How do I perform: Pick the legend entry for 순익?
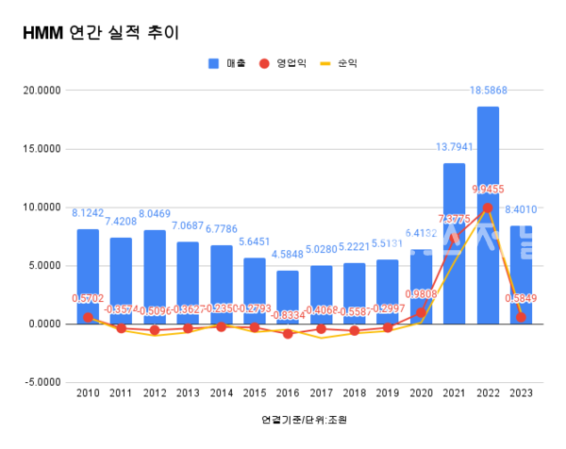tap(339, 64)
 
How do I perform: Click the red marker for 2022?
tap(488, 208)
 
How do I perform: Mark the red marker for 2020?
tap(421, 312)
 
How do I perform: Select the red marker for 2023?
tap(521, 317)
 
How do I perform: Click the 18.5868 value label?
tap(488, 90)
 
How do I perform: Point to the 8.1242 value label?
tap(88, 213)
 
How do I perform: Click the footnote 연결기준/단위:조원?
tap(297, 419)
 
